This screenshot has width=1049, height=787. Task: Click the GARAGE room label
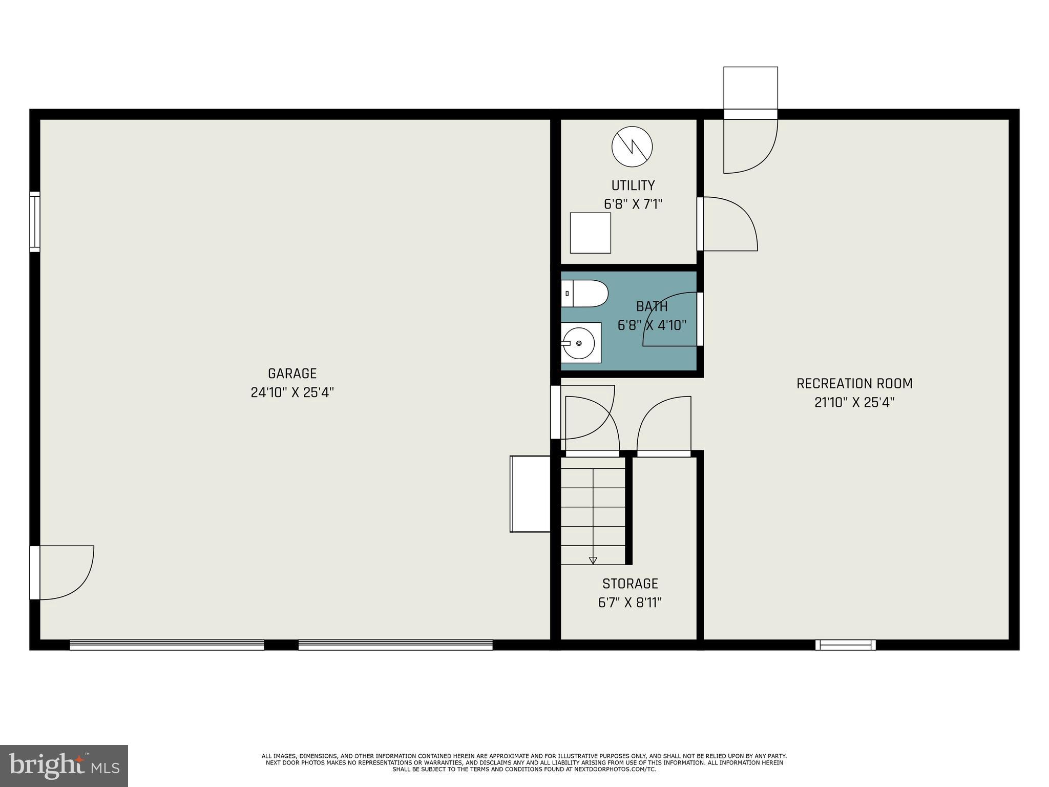pyautogui.click(x=292, y=374)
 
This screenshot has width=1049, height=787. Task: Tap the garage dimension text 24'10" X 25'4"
pyautogui.click(x=292, y=392)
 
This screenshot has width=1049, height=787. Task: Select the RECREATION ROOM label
pyautogui.click(x=854, y=384)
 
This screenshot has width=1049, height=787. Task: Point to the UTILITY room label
pyautogui.click(x=633, y=185)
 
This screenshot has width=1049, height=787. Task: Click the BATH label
pyautogui.click(x=652, y=306)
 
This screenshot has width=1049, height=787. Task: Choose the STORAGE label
pyautogui.click(x=630, y=584)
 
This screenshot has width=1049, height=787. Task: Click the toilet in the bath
pyautogui.click(x=584, y=294)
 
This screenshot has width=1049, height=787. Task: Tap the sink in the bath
pyautogui.click(x=581, y=343)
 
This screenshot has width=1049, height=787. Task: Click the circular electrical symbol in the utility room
pyautogui.click(x=632, y=147)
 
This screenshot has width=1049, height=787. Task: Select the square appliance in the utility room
pyautogui.click(x=590, y=233)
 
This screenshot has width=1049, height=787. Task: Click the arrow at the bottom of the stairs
pyautogui.click(x=593, y=561)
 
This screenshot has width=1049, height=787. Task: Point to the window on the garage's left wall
pyautogui.click(x=34, y=222)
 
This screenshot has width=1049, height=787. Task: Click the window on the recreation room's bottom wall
pyautogui.click(x=845, y=645)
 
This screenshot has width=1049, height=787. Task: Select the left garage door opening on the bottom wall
pyautogui.click(x=167, y=645)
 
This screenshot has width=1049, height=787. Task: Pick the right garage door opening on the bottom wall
pyautogui.click(x=395, y=645)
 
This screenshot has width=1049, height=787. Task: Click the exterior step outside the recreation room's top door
pyautogui.click(x=750, y=88)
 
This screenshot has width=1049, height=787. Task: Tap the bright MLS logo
pyautogui.click(x=64, y=765)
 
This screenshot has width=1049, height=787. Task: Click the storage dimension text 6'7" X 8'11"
pyautogui.click(x=630, y=603)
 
